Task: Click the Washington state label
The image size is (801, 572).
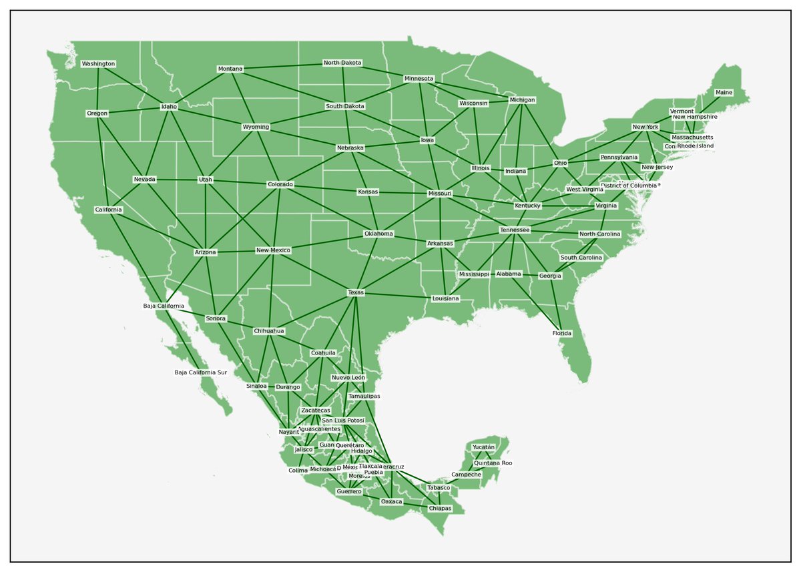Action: tap(98, 64)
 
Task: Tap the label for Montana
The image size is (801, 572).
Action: tap(230, 69)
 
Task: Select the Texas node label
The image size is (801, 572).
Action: tap(356, 293)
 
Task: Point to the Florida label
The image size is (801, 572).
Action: tap(561, 333)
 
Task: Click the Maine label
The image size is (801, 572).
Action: tap(723, 93)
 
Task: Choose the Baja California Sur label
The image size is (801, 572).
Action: tap(201, 372)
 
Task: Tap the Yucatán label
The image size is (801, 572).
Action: tap(483, 447)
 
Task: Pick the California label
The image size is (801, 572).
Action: tap(108, 210)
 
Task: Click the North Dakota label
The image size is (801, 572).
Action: tap(342, 63)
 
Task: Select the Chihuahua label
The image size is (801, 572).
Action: tap(269, 331)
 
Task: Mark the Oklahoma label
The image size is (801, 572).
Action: tap(378, 234)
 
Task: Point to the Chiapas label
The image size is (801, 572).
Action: tap(440, 509)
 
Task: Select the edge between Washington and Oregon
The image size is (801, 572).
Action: tap(97, 89)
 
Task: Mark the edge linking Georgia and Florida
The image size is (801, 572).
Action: tap(556, 304)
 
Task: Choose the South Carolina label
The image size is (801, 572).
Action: tap(581, 258)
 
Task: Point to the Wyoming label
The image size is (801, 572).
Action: tap(256, 127)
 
